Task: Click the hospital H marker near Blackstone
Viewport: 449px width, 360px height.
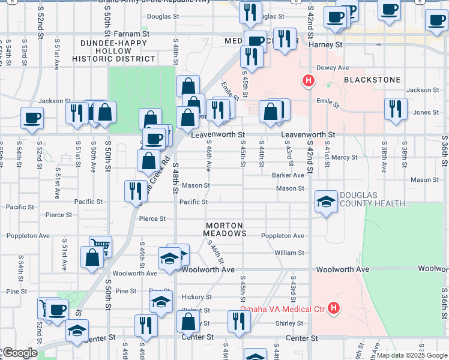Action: [x=309, y=80]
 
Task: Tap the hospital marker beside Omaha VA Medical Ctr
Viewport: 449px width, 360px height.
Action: [x=334, y=310]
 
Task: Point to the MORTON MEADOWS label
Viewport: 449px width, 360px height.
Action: [x=224, y=228]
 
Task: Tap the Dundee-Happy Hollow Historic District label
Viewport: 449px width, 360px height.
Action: [x=114, y=51]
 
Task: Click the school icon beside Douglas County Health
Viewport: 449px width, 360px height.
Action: [x=326, y=201]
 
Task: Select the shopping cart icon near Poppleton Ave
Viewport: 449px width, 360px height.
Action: [x=100, y=245]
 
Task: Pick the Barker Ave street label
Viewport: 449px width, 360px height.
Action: [x=288, y=175]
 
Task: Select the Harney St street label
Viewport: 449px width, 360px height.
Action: [x=325, y=44]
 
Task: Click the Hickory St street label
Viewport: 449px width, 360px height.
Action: [x=197, y=297]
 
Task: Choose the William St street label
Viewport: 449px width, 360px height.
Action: [x=289, y=253]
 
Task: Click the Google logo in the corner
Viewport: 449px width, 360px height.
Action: [x=19, y=353]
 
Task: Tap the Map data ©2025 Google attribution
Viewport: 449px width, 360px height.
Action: [x=411, y=355]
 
